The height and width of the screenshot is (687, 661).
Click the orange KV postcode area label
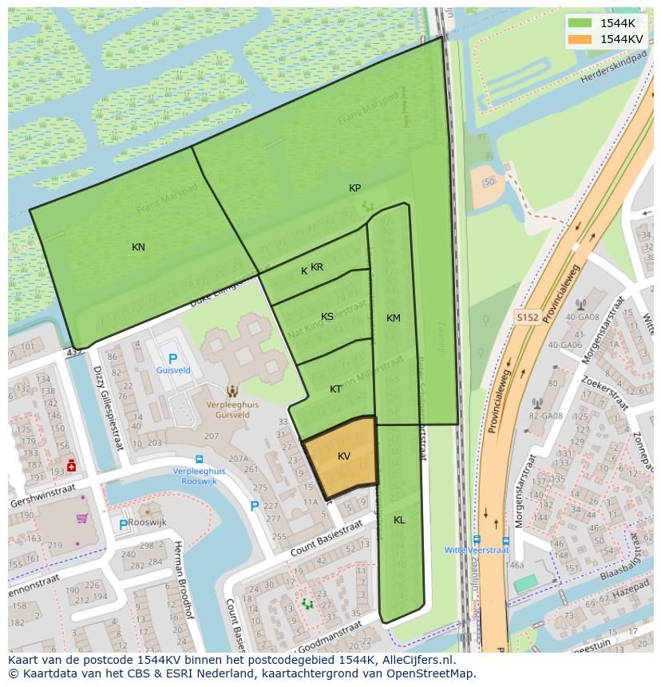tap(344, 456)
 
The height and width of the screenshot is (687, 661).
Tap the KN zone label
tap(138, 247)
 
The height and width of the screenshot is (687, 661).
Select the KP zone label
tap(354, 188)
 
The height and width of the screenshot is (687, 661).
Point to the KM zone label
tap(393, 318)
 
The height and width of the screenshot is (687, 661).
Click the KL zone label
tap(399, 519)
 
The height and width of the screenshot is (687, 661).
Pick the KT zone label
tap(336, 389)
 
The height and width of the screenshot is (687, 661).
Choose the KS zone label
tap(327, 317)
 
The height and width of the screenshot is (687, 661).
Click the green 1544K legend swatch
tap(580, 23)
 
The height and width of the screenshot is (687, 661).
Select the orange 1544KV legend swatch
tap(580, 39)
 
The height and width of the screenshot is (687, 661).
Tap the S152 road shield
tap(527, 318)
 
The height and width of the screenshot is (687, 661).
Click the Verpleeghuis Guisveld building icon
tap(232, 391)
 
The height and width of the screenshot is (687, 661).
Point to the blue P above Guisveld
tap(172, 359)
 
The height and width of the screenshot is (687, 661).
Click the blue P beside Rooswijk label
tap(124, 524)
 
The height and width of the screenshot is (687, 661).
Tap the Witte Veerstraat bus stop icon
tap(477, 539)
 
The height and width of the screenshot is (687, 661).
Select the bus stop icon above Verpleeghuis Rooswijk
tap(199, 460)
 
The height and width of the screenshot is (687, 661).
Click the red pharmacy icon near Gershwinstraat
tap(72, 466)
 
